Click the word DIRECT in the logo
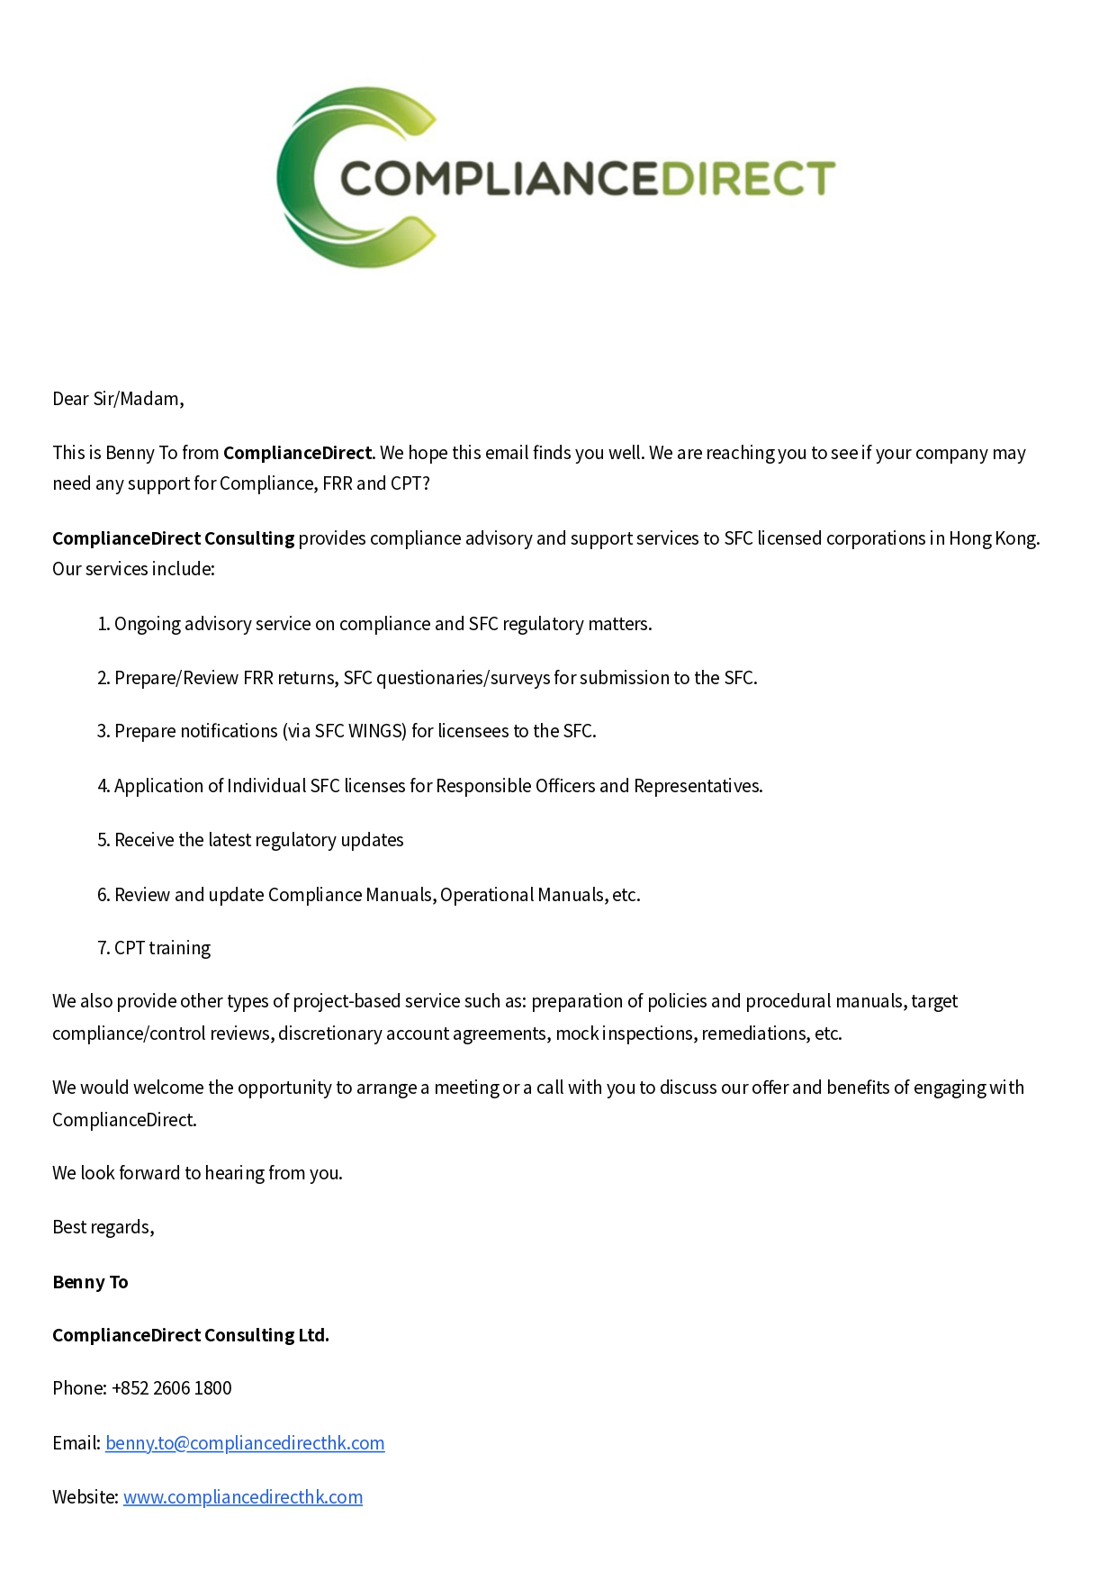coord(749,178)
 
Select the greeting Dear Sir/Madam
coord(118,399)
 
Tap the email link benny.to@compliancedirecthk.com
coord(245,1443)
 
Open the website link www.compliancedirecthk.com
coord(243,1497)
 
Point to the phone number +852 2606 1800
coord(172,1388)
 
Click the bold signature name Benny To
coord(90,1282)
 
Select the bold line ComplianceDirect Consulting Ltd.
coord(191,1335)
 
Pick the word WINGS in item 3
coord(376,731)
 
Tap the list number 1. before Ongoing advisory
coord(104,624)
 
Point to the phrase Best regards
coord(103,1227)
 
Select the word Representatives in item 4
coord(698,786)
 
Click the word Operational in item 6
coord(487,895)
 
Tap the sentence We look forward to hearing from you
coord(197,1173)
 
